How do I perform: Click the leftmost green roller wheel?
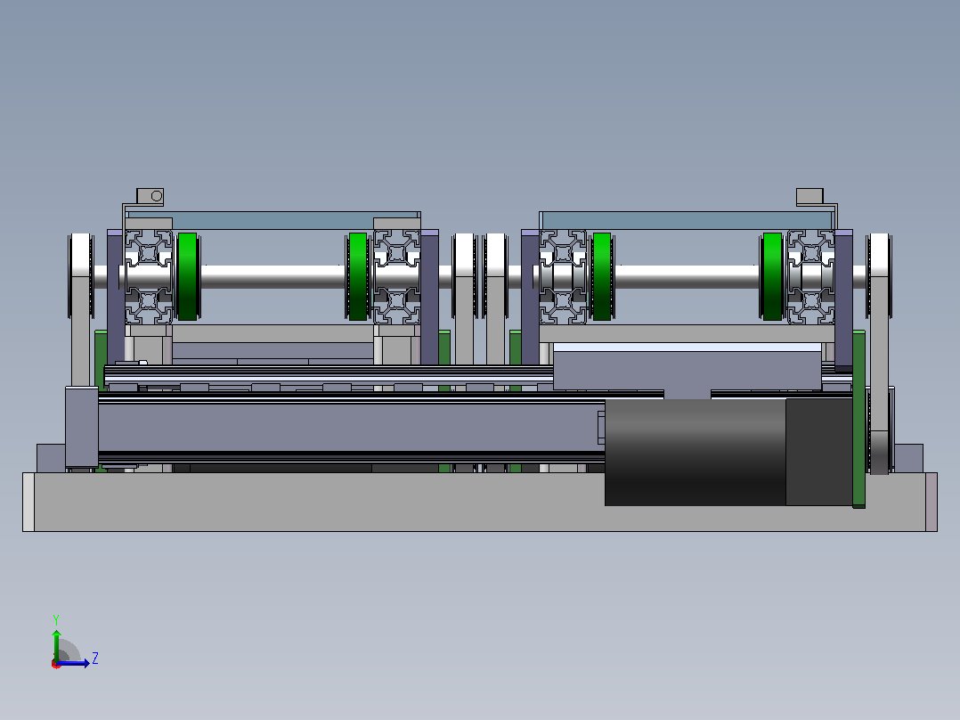[x=187, y=276]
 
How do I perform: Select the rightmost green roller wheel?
[x=772, y=276]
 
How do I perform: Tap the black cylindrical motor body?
[x=696, y=452]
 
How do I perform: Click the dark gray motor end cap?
[x=819, y=452]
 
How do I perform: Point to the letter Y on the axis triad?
[x=56, y=619]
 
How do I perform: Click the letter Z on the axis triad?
[x=95, y=659]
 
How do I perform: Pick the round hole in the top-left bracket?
[x=157, y=196]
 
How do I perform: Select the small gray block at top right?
[x=809, y=197]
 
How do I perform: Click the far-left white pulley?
[x=81, y=275]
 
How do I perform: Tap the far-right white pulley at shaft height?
[x=879, y=275]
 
